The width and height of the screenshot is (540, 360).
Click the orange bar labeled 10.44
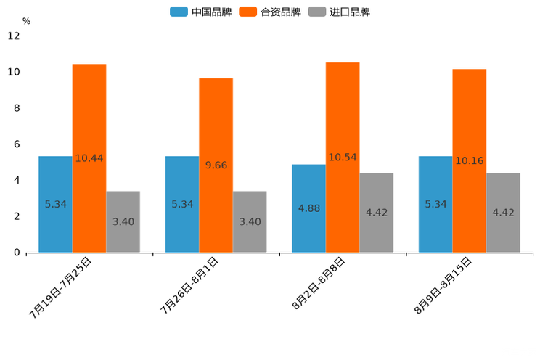tap(89, 158)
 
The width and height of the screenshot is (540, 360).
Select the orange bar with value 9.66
tap(216, 165)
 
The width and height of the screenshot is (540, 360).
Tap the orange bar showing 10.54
tap(343, 157)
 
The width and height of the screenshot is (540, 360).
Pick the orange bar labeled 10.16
tap(469, 160)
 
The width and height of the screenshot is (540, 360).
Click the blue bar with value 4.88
tap(308, 208)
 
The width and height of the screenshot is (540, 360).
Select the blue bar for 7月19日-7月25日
tap(55, 204)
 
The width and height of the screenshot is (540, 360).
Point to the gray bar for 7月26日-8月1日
tap(250, 221)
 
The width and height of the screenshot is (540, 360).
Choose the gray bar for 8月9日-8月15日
tap(503, 213)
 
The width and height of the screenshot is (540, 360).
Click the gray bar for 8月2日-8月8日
tap(376, 213)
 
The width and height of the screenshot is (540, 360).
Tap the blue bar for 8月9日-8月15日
tap(435, 204)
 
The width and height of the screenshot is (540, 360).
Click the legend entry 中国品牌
tap(201, 12)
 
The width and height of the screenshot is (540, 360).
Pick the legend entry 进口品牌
tap(339, 12)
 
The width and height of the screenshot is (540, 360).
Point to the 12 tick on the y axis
tap(14, 36)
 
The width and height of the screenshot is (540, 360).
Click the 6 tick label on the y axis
tap(17, 144)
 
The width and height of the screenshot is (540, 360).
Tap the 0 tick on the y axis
tap(17, 253)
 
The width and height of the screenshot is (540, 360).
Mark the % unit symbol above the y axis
tap(26, 21)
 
